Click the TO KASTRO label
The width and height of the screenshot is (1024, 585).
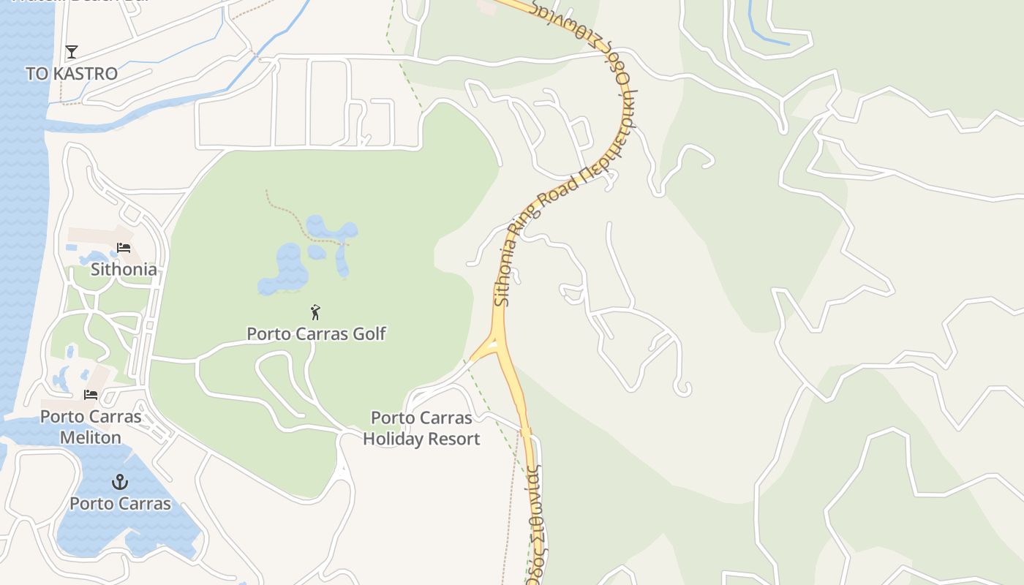[x=72, y=74]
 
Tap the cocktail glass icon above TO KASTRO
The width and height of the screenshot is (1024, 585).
[x=72, y=52]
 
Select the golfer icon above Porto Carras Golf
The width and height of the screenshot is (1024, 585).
[x=315, y=312]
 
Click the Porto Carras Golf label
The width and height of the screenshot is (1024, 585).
[x=316, y=334]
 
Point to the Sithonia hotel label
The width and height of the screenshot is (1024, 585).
[x=124, y=269]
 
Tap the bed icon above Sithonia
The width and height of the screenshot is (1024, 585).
[x=124, y=248]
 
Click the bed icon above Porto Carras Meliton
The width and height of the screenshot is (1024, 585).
[x=91, y=395]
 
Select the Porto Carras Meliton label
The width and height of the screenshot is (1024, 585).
[x=91, y=427]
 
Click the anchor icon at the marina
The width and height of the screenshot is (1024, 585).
[x=119, y=482]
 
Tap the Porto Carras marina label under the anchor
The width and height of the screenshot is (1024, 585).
[x=120, y=504]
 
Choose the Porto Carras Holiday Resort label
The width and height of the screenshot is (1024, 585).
[x=421, y=429]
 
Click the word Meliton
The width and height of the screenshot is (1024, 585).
[x=91, y=437]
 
